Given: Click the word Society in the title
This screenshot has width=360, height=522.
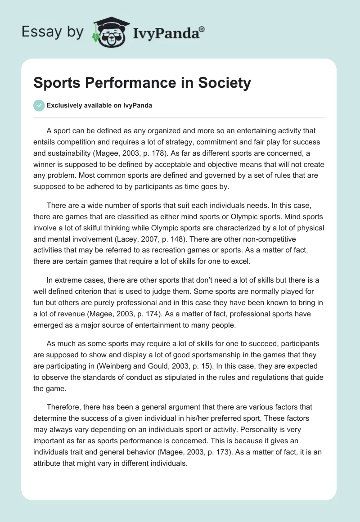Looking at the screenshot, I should pos(221,83).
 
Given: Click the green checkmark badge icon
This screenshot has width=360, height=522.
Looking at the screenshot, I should pos(39,106).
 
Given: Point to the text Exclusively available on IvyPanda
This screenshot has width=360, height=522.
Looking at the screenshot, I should pos(99,106).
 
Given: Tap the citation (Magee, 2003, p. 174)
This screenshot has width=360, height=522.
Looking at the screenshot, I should pos(145,314).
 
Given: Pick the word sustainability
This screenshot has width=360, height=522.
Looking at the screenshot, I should pos(77,153).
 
